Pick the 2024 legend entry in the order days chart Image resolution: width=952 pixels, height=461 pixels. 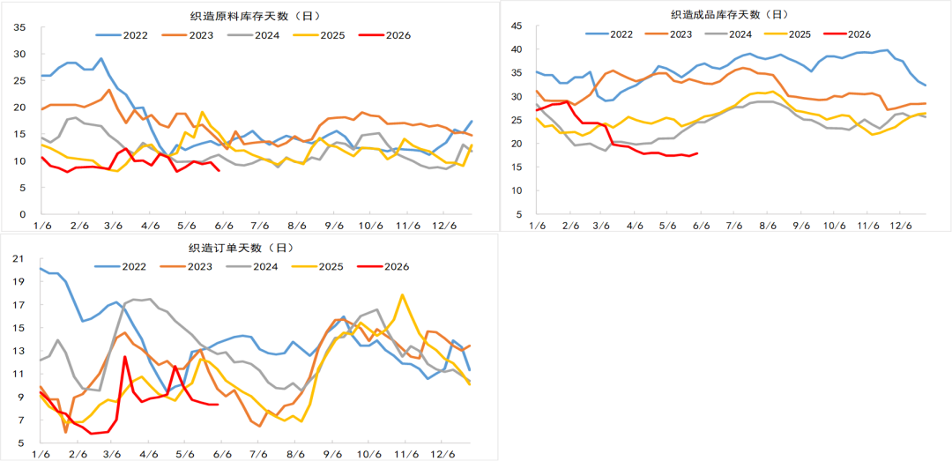coord(252,266)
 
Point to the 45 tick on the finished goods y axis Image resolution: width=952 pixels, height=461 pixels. coord(517,26)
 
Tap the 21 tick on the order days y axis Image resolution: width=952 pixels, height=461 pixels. coord(19,259)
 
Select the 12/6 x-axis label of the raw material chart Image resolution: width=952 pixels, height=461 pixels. coord(444,226)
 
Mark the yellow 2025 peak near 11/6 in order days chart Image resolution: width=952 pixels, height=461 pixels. coord(402,294)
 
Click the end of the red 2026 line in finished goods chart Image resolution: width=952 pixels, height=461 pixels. coord(697,153)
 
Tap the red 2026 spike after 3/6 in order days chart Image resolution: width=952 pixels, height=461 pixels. coord(124,356)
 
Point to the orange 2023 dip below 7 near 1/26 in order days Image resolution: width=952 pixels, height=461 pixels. coord(65,432)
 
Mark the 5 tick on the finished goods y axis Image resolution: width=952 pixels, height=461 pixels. coord(520,214)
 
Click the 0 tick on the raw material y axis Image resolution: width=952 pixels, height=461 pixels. coord(22,214)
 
